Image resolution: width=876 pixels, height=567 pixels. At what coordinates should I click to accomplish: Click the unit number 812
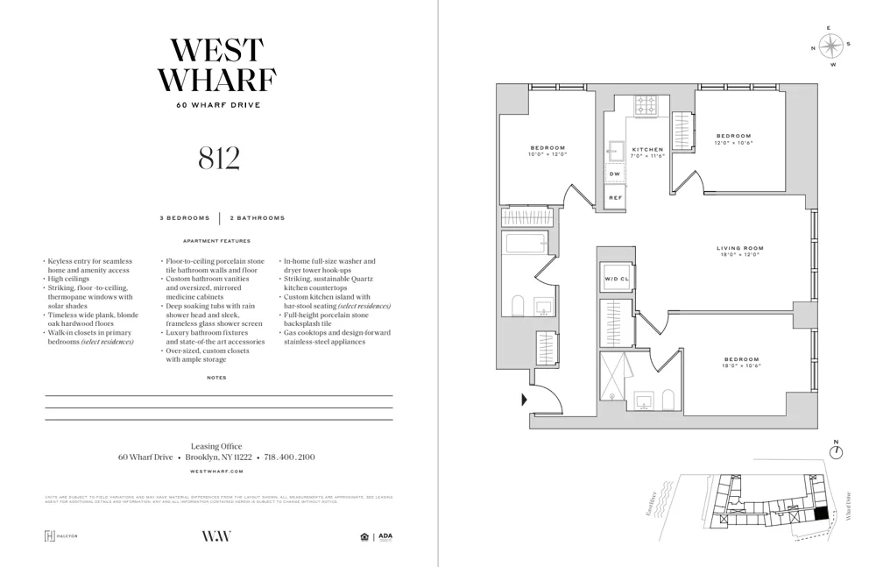point(218,158)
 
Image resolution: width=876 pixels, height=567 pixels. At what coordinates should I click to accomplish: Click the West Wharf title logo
point(218,66)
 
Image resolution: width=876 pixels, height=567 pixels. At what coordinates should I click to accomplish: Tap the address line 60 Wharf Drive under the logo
point(218,105)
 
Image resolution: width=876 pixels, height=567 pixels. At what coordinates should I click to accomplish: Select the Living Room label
point(740,248)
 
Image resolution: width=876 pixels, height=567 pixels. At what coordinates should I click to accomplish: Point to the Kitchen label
point(648,150)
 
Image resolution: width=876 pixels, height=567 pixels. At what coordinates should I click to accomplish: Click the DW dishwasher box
point(615,174)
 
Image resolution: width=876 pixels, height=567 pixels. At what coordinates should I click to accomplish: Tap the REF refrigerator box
point(615,198)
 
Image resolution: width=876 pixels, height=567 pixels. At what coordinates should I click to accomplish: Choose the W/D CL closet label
point(616,280)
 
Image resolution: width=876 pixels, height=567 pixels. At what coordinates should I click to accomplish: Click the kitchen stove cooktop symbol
point(647,104)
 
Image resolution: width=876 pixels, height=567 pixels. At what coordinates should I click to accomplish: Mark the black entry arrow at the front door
point(524,400)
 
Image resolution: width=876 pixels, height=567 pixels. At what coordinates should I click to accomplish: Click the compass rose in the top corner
point(832,46)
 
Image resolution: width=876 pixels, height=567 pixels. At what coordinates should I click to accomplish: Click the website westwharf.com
point(218,471)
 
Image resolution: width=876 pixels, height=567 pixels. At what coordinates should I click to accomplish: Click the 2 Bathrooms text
point(258,217)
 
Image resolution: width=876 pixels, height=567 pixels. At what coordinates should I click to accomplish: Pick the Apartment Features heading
point(216,241)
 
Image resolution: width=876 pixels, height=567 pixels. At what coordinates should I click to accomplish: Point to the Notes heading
point(216,378)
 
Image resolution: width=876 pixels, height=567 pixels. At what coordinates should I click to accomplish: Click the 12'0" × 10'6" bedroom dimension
point(733,142)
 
